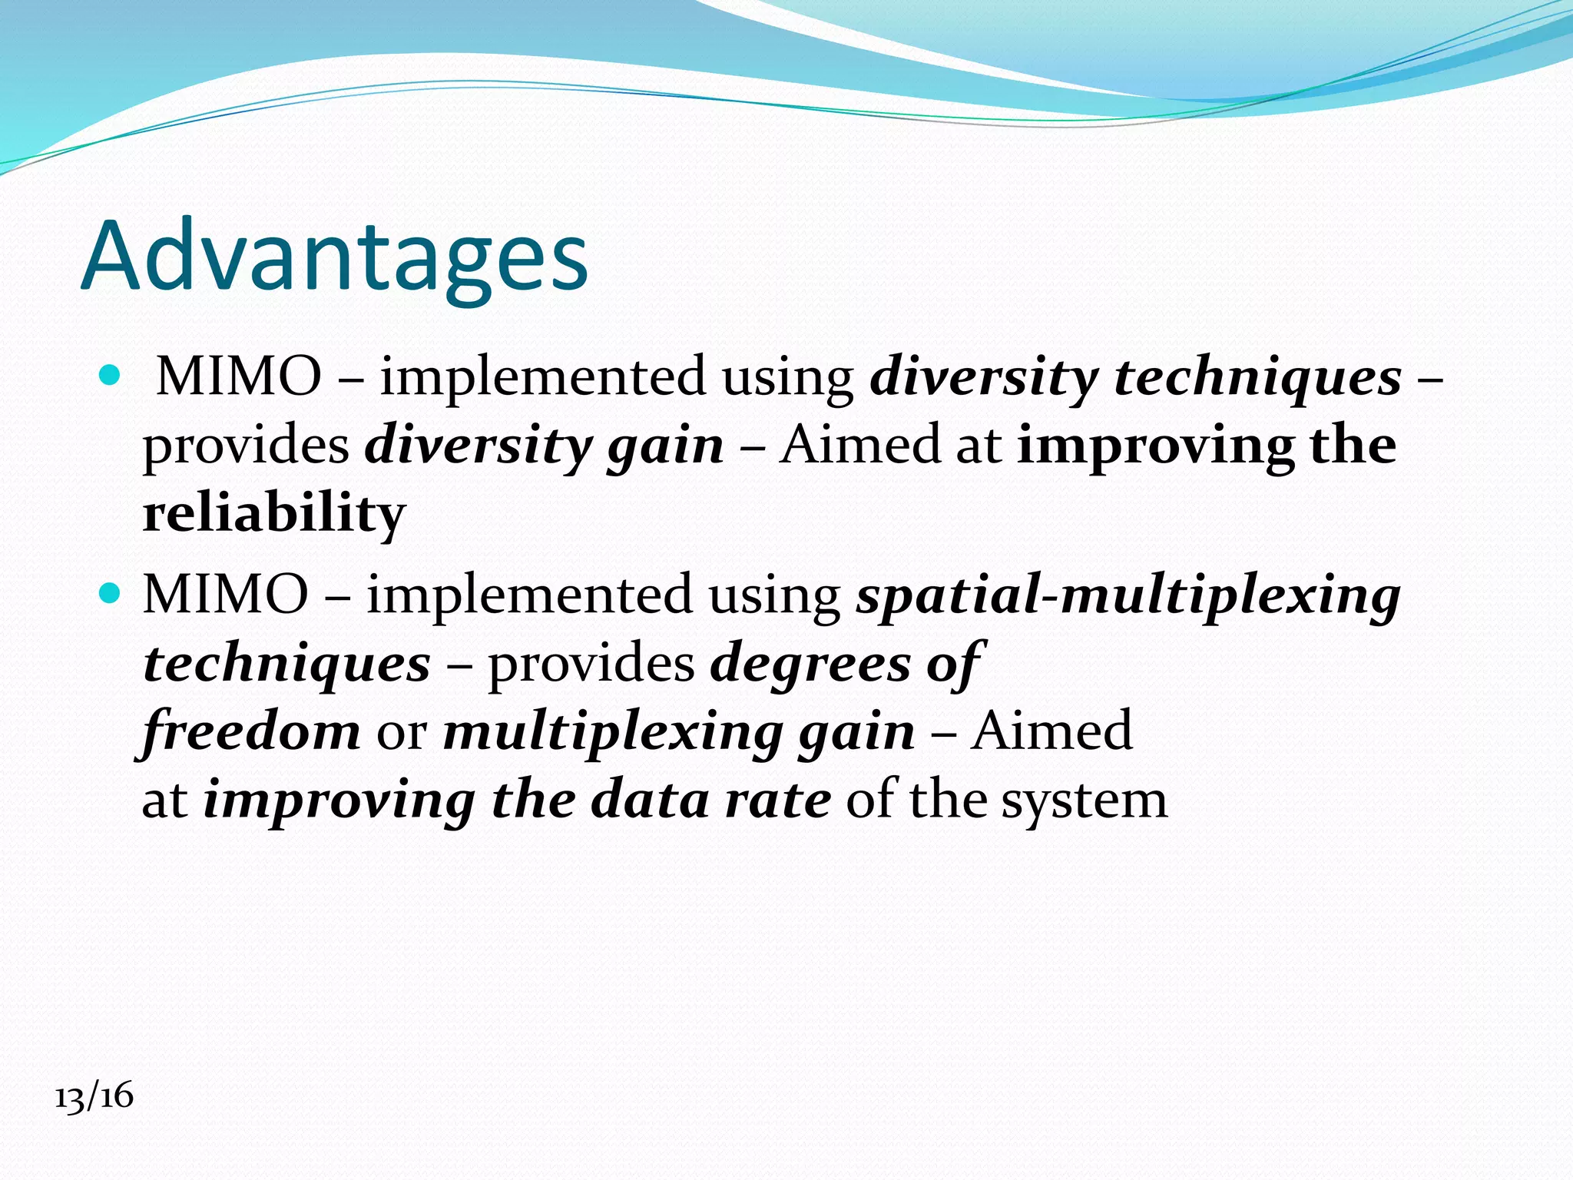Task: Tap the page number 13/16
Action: point(94,1095)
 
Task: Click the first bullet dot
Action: point(111,376)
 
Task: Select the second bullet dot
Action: point(111,594)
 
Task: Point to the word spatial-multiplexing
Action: point(1128,596)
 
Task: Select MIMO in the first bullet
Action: point(239,376)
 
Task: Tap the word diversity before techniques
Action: point(984,377)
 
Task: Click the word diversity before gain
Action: point(478,446)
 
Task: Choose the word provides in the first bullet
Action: point(247,446)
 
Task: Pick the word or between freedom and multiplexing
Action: point(401,732)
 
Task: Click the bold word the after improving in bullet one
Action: point(1353,446)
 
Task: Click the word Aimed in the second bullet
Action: point(1051,731)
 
